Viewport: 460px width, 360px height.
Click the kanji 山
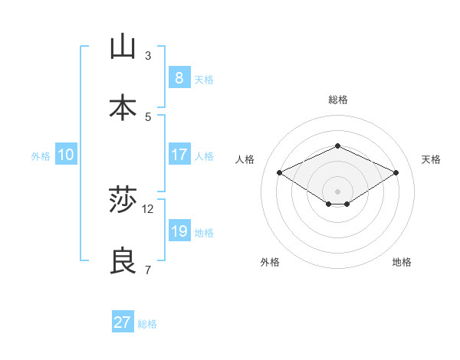(x=123, y=47)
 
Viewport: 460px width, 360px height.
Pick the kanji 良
(x=123, y=262)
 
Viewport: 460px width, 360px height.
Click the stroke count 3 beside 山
(x=148, y=55)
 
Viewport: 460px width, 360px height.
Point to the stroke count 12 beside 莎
(x=148, y=208)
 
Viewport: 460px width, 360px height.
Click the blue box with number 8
(x=179, y=77)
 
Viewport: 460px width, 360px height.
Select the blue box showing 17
(x=179, y=155)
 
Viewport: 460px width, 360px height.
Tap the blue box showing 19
(x=179, y=231)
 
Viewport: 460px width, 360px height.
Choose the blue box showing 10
(x=66, y=155)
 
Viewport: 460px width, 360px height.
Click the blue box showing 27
(x=122, y=322)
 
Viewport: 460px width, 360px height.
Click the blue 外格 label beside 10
(x=41, y=155)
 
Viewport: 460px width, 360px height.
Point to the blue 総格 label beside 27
(x=147, y=324)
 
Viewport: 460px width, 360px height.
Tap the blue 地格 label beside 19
(x=204, y=233)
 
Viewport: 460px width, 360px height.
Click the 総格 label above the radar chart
(x=337, y=100)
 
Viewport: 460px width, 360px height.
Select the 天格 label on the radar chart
(x=431, y=159)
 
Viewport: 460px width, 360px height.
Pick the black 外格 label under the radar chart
(x=270, y=262)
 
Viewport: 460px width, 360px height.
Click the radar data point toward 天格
(x=396, y=173)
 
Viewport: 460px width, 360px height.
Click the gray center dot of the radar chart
(x=337, y=191)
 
